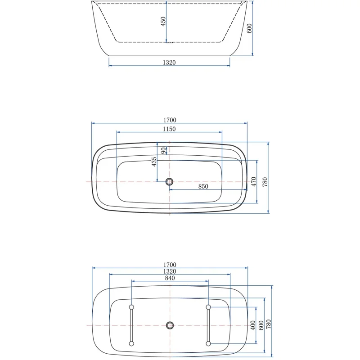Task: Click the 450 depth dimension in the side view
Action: click(x=164, y=21)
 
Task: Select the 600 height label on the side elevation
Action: click(x=249, y=28)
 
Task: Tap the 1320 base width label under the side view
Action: click(x=169, y=63)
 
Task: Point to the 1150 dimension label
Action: click(x=169, y=129)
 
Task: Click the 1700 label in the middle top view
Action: click(x=169, y=120)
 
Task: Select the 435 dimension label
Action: click(x=154, y=162)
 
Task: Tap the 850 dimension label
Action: click(x=202, y=187)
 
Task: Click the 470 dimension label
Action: click(x=253, y=181)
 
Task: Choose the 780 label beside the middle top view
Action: click(x=265, y=181)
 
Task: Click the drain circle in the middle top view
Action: click(x=169, y=181)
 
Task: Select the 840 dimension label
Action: click(x=169, y=279)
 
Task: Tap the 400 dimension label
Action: click(x=253, y=324)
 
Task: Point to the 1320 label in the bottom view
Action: click(x=169, y=271)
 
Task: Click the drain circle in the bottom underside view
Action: click(x=169, y=325)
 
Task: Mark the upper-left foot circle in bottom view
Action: click(x=131, y=307)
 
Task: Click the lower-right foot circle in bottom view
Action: click(x=208, y=343)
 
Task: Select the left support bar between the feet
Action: click(x=131, y=325)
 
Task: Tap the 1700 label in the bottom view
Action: click(x=169, y=265)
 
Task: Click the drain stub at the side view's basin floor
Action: click(x=169, y=43)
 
